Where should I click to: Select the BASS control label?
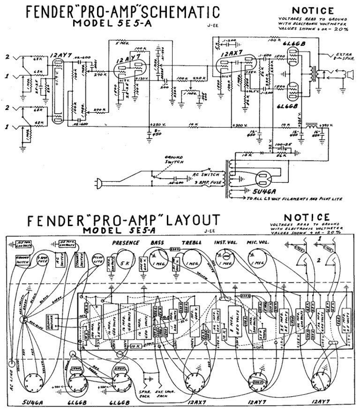coord(157,243)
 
